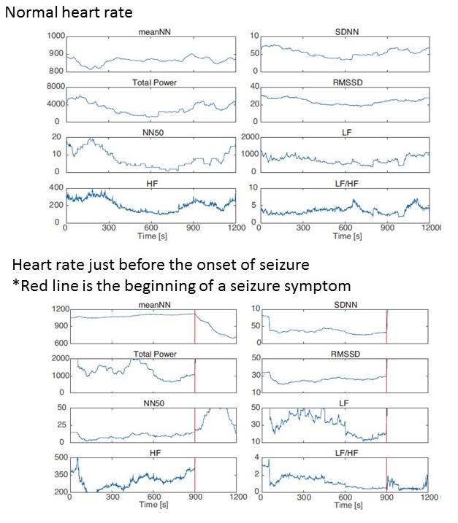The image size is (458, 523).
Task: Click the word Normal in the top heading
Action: pos(28,13)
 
